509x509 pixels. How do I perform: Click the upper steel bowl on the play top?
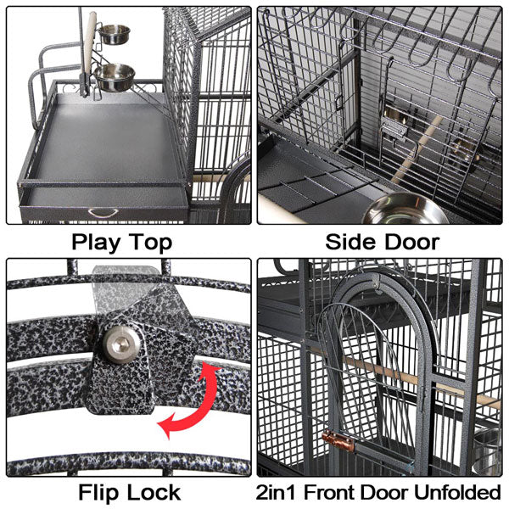coord(115,35)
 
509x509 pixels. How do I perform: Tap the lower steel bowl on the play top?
coord(115,77)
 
